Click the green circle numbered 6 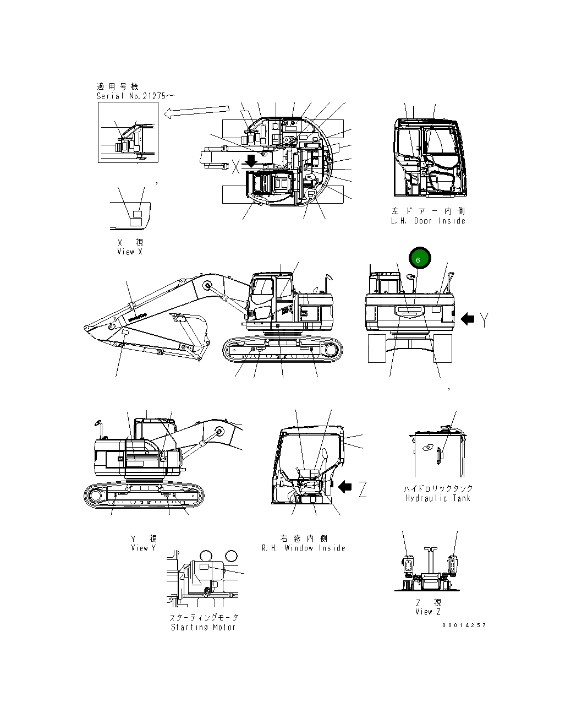(x=419, y=259)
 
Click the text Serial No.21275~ (x=135, y=96)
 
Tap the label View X (x=130, y=252)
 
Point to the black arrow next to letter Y (x=467, y=319)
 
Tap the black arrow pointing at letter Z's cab (x=345, y=487)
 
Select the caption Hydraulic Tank (x=438, y=498)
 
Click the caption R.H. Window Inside (x=304, y=548)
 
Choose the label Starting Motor (x=203, y=627)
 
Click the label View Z (x=428, y=612)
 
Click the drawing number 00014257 (x=464, y=625)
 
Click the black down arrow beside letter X (x=251, y=161)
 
